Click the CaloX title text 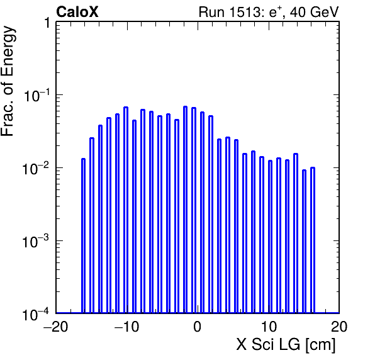[77, 12]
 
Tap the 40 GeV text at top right [315, 12]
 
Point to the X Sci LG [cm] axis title [286, 345]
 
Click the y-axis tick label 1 [47, 23]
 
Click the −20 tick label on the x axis [55, 327]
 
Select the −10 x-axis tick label [126, 327]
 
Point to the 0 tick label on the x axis [198, 327]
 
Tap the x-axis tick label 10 [269, 327]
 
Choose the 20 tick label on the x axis [339, 327]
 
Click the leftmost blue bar [83, 235]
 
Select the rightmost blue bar [313, 240]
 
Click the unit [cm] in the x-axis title [321, 345]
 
